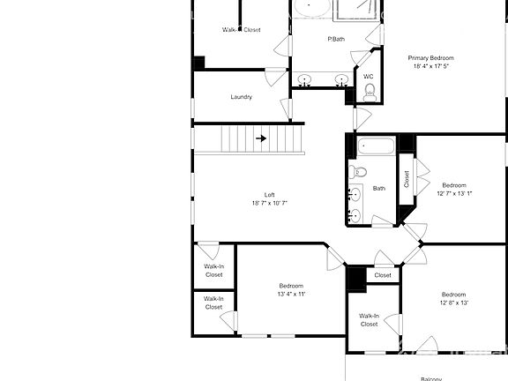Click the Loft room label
tap(270, 195)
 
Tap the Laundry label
tap(242, 97)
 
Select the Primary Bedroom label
tap(430, 58)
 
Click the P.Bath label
tap(336, 39)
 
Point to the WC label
tap(369, 77)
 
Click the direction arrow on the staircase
tap(262, 138)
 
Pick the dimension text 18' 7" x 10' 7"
tap(270, 204)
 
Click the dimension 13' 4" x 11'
tap(291, 295)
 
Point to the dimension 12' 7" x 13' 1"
tap(454, 193)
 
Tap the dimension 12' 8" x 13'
tap(453, 303)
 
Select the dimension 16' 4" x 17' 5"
tap(430, 66)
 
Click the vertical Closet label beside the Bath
tap(407, 179)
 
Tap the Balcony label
tap(430, 377)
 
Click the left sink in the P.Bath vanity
tap(305, 79)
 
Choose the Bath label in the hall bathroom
tap(379, 188)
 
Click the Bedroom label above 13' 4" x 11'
tap(291, 286)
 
